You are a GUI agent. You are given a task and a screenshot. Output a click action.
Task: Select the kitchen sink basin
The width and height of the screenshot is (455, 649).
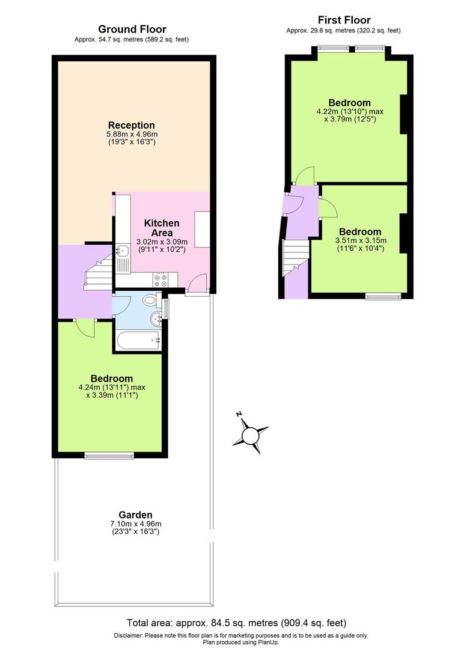click(122, 251)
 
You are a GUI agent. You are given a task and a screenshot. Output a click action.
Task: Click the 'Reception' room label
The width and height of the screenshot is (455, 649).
click(132, 125)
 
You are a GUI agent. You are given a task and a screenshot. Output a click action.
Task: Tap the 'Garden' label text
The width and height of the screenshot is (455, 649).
click(135, 514)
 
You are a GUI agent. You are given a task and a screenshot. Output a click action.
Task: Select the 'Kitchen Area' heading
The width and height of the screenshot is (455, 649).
click(162, 228)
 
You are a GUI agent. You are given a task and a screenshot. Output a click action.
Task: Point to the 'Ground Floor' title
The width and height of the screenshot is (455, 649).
click(132, 29)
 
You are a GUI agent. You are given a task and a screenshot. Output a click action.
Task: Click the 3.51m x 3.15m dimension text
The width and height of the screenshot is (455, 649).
click(360, 241)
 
